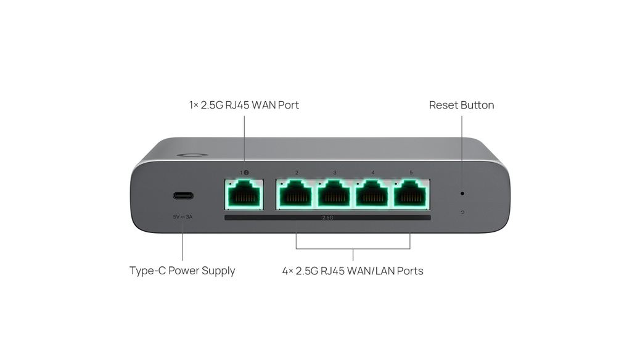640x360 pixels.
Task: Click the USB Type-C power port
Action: coord(183,195)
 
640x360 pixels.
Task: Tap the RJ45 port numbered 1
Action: coord(244,195)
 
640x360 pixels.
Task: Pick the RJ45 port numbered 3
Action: coord(334,195)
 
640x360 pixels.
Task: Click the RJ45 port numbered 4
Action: coord(372,195)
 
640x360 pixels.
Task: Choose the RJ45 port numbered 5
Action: coord(411,195)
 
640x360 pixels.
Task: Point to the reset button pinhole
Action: coord(462,194)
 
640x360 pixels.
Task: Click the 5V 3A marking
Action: coord(183,217)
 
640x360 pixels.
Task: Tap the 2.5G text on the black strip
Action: coord(328,218)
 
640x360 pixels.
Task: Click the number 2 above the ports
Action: coord(297,173)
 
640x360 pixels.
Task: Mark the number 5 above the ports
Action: coord(411,173)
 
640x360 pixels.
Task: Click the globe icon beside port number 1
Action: coord(246,173)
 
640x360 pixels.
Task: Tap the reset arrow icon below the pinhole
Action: coord(462,212)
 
